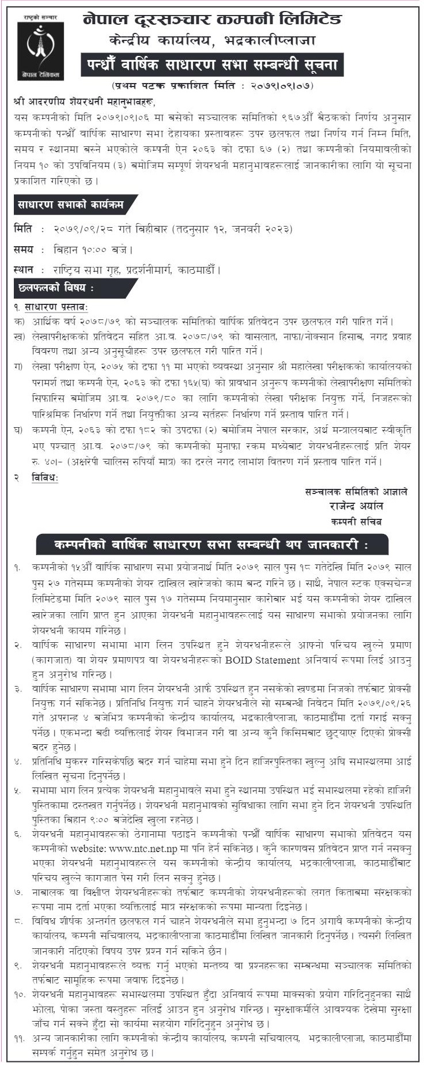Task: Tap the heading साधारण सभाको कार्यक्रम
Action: tap(67, 204)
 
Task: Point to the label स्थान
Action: tap(24, 269)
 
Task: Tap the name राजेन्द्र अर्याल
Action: tap(353, 506)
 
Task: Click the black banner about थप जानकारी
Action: tap(211, 544)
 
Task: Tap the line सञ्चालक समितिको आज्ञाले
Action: tap(356, 492)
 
